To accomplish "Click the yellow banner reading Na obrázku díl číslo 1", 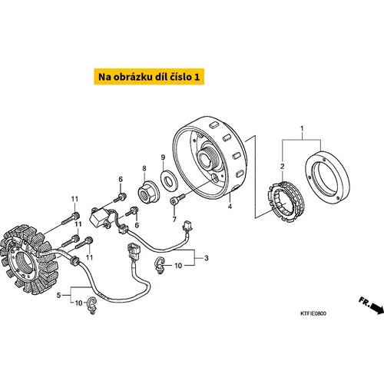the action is click(x=149, y=77).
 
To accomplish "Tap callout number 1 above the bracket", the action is click(x=302, y=128).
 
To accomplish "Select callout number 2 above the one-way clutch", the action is click(x=282, y=167).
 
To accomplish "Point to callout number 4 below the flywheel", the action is click(x=230, y=207).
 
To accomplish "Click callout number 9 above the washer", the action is click(x=163, y=157).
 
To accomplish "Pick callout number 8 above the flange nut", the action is click(x=144, y=168).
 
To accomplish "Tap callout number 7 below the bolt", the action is click(x=174, y=220).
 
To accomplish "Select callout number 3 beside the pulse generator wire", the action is click(x=207, y=258).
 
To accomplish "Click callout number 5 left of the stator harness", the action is click(x=58, y=296).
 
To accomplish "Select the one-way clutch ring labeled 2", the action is click(x=286, y=201).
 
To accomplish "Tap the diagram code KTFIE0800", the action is click(x=313, y=313).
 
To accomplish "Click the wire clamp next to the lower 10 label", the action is click(x=92, y=305).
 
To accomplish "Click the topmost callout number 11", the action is click(x=74, y=199).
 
